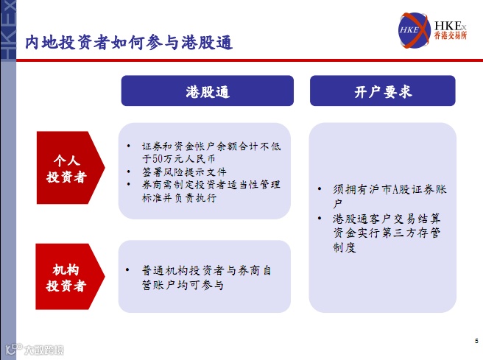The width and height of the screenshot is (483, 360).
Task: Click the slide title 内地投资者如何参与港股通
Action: click(x=129, y=42)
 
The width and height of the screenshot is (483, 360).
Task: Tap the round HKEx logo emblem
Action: click(x=414, y=30)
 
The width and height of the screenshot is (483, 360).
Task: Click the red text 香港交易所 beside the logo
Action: click(x=451, y=35)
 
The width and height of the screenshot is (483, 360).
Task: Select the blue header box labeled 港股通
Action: click(x=208, y=91)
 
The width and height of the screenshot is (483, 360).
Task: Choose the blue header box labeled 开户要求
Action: click(x=383, y=91)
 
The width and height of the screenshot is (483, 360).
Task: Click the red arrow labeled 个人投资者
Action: click(x=71, y=168)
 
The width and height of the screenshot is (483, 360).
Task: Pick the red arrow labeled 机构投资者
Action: click(x=70, y=277)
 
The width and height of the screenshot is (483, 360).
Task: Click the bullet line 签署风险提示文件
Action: click(x=184, y=172)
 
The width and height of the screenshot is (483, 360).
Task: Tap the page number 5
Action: click(x=476, y=341)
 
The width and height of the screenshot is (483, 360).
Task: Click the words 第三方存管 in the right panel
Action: click(x=411, y=233)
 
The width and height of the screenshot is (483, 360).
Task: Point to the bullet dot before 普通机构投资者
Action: click(x=127, y=270)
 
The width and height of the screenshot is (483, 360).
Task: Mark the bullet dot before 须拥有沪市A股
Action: click(x=320, y=188)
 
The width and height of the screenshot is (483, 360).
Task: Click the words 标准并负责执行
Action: click(x=179, y=198)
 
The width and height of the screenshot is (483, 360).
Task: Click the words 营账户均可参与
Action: click(x=183, y=285)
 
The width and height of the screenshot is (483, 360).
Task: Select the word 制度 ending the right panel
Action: click(x=345, y=247)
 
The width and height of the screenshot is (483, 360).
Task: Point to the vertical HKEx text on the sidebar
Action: click(x=8, y=29)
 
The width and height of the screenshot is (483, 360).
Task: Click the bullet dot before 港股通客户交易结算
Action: click(x=320, y=219)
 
